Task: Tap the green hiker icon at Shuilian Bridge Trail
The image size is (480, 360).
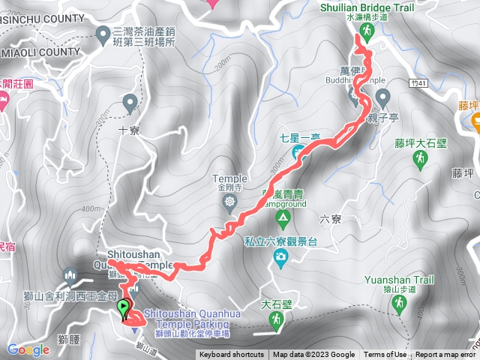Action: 367,31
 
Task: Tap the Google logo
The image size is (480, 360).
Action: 28,349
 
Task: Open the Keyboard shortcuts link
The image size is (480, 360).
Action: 231,355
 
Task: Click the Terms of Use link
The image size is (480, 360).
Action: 385,355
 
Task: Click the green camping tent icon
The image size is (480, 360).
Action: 283,219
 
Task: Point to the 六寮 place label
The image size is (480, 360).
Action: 330,219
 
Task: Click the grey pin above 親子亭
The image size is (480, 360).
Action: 383,97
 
